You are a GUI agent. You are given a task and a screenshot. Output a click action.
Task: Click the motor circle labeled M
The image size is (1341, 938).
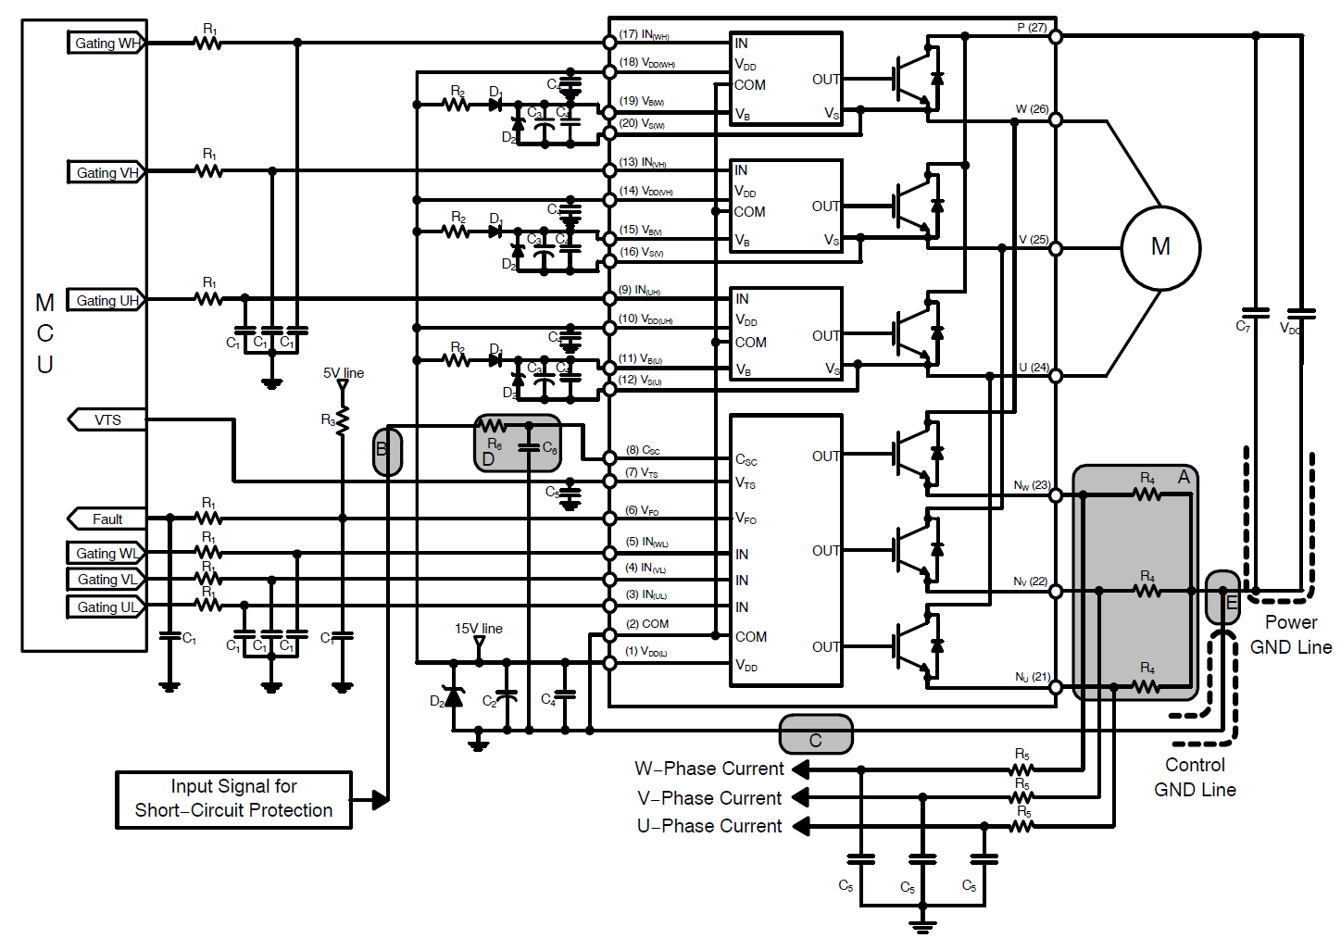(1160, 247)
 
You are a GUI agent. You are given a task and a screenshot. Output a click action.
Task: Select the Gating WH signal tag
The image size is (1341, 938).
(107, 43)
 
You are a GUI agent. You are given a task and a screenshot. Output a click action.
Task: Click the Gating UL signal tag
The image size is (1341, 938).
(107, 607)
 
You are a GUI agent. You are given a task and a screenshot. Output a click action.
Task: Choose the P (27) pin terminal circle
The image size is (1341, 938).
(1055, 37)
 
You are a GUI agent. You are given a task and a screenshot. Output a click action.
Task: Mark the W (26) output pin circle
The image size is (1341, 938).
(1055, 119)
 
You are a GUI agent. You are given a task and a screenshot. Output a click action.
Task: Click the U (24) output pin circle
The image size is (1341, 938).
(1055, 377)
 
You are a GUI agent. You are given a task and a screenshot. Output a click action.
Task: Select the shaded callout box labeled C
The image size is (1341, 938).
(816, 734)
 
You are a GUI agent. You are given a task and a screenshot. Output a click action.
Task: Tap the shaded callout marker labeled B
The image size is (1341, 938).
(387, 452)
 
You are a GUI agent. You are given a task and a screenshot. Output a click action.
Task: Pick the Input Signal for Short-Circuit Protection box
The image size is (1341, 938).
(233, 799)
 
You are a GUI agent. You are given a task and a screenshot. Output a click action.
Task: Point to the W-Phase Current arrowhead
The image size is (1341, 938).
(801, 769)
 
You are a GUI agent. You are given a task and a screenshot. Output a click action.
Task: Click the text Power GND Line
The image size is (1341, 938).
(1290, 634)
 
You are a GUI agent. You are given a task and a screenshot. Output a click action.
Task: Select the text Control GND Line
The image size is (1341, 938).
(1195, 777)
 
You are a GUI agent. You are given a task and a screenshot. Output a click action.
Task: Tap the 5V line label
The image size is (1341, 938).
(344, 373)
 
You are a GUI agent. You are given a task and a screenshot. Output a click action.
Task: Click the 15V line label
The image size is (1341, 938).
(478, 629)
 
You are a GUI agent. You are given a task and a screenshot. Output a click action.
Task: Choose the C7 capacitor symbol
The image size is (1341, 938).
(1255, 313)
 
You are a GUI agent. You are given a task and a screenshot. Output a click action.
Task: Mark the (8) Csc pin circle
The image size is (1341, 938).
(609, 457)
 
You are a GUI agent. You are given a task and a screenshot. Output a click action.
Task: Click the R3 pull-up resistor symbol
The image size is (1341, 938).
(343, 420)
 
